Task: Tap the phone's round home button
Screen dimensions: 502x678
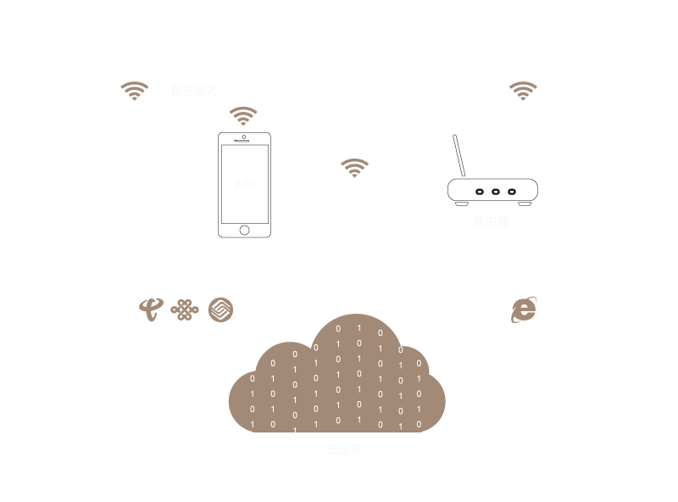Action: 244,229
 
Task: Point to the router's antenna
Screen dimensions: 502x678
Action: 461,156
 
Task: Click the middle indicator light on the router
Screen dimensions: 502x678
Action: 495,192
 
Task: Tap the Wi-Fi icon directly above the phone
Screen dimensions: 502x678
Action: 243,116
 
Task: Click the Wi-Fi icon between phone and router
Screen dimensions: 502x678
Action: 354,167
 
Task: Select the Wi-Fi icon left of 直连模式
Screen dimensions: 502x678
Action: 135,91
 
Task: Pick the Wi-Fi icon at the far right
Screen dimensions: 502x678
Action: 523,91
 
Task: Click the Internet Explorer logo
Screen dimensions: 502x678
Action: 524,310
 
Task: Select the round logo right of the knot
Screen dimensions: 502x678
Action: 220,310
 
